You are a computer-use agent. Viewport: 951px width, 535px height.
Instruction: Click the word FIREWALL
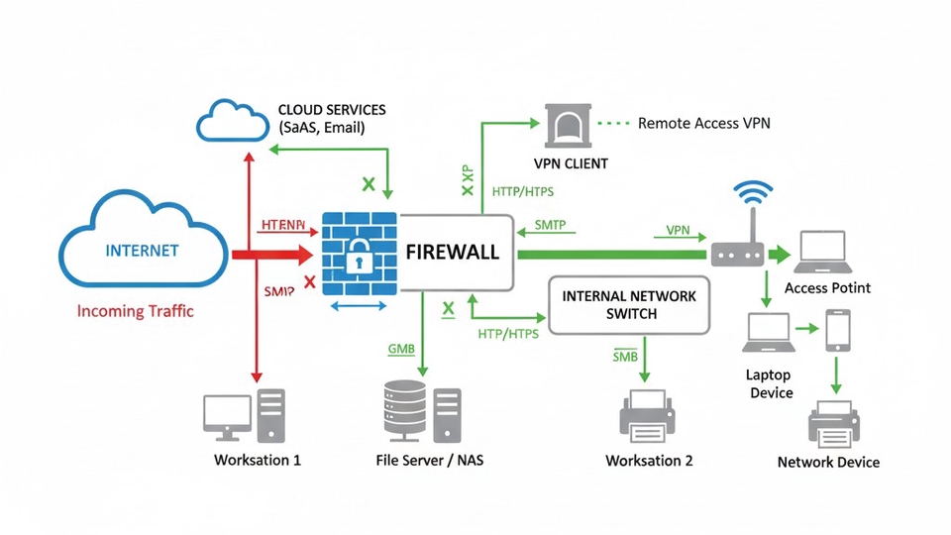(452, 252)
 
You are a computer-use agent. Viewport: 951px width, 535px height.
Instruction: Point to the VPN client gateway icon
(569, 125)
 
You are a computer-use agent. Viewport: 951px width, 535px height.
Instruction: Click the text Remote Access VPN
(703, 124)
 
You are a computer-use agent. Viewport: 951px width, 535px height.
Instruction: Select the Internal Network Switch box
(629, 305)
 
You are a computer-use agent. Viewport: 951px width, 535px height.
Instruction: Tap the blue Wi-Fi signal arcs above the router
(755, 192)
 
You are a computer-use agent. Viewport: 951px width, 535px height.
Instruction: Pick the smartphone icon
(839, 330)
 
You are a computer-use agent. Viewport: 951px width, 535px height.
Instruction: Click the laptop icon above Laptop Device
(769, 333)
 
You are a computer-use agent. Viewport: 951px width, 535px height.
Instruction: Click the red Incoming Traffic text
(136, 311)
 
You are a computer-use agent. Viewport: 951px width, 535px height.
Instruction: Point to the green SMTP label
(550, 225)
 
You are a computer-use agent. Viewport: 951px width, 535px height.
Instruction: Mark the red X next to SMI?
(309, 283)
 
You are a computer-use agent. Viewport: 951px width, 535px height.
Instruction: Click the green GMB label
(401, 350)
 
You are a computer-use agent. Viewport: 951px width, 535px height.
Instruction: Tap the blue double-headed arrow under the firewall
(359, 306)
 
